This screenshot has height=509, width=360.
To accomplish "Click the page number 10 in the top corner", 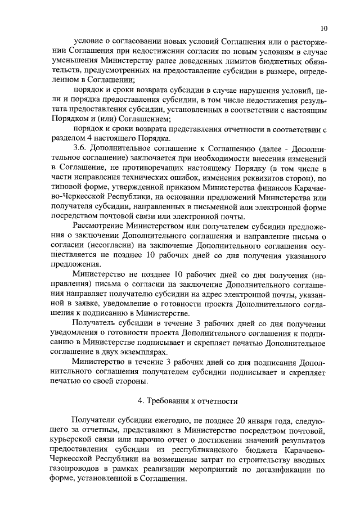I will (323, 28).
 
